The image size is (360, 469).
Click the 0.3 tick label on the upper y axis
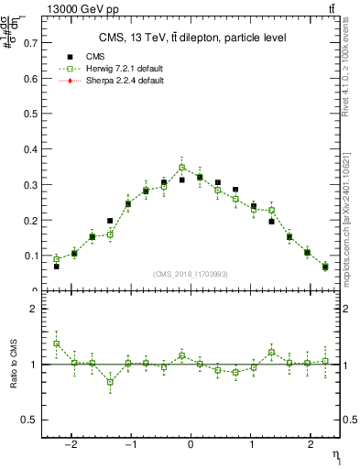point(30,185)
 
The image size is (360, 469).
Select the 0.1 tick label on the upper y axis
point(30,256)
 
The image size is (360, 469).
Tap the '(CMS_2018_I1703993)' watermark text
point(191,274)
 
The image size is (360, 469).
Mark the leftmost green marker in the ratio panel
point(56,344)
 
